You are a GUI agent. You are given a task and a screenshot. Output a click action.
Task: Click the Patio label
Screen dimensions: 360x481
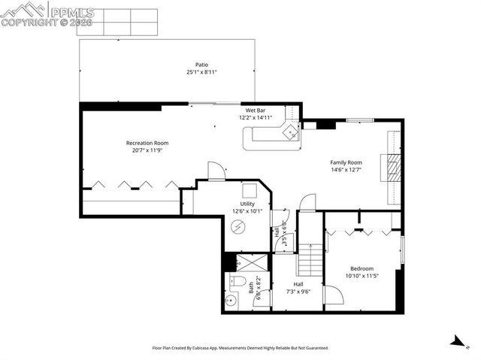(x=202, y=65)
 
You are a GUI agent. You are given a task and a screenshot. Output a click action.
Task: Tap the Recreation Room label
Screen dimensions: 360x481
(x=147, y=143)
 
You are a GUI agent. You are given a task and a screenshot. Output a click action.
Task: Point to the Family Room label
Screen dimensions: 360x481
(x=346, y=162)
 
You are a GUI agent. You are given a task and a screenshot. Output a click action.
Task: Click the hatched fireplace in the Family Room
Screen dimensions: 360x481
(x=392, y=168)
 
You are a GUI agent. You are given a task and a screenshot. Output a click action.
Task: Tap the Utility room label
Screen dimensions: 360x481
(x=247, y=204)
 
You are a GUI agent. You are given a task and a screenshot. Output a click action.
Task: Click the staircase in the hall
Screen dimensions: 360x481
(x=310, y=261)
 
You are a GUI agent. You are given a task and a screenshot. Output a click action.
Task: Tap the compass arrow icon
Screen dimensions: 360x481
(x=455, y=341)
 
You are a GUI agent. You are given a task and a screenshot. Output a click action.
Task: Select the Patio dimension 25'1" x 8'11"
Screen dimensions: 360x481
(x=202, y=72)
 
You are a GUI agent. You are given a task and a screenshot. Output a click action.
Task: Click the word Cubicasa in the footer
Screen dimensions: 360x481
(x=200, y=348)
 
